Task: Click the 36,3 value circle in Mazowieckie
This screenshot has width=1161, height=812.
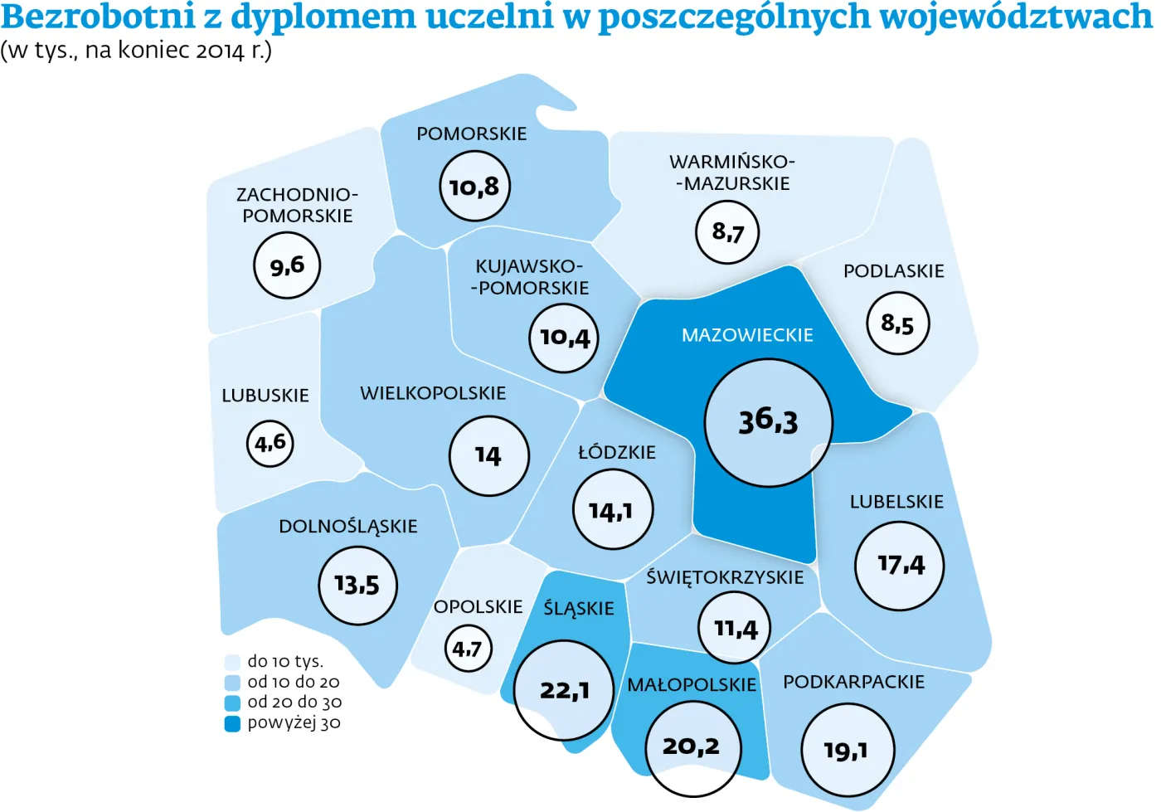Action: point(768,423)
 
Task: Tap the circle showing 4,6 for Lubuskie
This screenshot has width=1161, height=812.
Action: point(270,443)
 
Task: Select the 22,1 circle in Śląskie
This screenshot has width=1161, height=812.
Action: point(564,690)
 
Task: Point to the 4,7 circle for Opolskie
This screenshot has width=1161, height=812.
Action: point(468,649)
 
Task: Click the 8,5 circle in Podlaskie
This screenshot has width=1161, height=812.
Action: point(898,323)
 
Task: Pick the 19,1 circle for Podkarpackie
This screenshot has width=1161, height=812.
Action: point(848,750)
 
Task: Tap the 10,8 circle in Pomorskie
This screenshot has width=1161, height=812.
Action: point(474,187)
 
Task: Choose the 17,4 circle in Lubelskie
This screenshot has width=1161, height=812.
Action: point(900,566)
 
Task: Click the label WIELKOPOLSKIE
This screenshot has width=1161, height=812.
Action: point(433,393)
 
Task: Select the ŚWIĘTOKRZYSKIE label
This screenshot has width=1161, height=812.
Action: point(725,577)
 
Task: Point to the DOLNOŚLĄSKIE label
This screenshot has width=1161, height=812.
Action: point(348,527)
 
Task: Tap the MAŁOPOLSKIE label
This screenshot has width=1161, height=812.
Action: point(692,685)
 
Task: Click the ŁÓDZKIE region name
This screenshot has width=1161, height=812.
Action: point(617,453)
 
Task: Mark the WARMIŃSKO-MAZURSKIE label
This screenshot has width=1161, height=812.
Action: point(732,173)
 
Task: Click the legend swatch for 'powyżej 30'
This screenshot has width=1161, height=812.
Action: point(232,723)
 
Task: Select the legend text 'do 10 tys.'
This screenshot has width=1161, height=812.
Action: point(285,661)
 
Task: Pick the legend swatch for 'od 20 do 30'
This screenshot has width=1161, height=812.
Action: point(232,703)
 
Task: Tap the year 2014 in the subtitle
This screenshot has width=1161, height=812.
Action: point(221,51)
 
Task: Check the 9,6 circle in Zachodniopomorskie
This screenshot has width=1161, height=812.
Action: point(287,265)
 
